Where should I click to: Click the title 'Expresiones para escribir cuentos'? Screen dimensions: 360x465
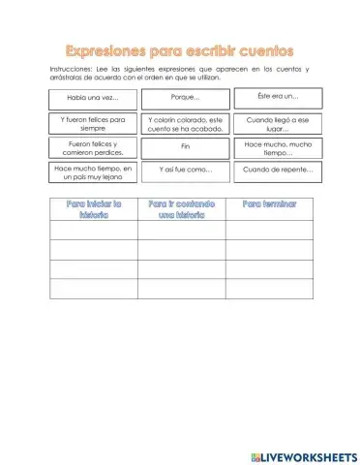click(180, 47)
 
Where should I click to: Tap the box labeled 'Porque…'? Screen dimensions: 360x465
click(185, 98)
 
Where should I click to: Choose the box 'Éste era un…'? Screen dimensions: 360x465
click(278, 97)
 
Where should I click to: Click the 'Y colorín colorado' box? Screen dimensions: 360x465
click(185, 123)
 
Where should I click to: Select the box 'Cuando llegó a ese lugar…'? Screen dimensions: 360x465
click(278, 123)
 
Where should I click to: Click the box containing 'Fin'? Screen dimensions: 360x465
click(185, 147)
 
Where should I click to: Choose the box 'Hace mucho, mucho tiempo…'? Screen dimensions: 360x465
click(278, 147)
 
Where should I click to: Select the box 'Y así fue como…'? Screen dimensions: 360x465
click(185, 170)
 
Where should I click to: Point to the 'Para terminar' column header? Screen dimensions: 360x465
click(269, 204)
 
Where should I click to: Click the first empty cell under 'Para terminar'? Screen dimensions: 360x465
click(269, 231)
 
